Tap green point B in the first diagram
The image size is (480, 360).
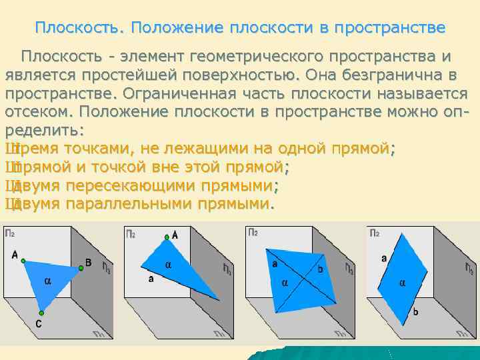point(81,267)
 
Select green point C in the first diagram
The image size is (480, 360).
point(41,312)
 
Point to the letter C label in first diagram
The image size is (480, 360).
point(39,324)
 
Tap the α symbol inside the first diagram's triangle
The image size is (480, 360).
point(47,281)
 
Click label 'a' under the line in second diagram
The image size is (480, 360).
point(151,279)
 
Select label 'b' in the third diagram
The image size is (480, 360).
point(321,269)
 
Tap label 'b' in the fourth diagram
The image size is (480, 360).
point(415,311)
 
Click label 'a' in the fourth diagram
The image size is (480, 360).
point(383,257)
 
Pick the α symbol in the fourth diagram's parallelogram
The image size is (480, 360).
point(402,283)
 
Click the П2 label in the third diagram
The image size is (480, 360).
point(253,233)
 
